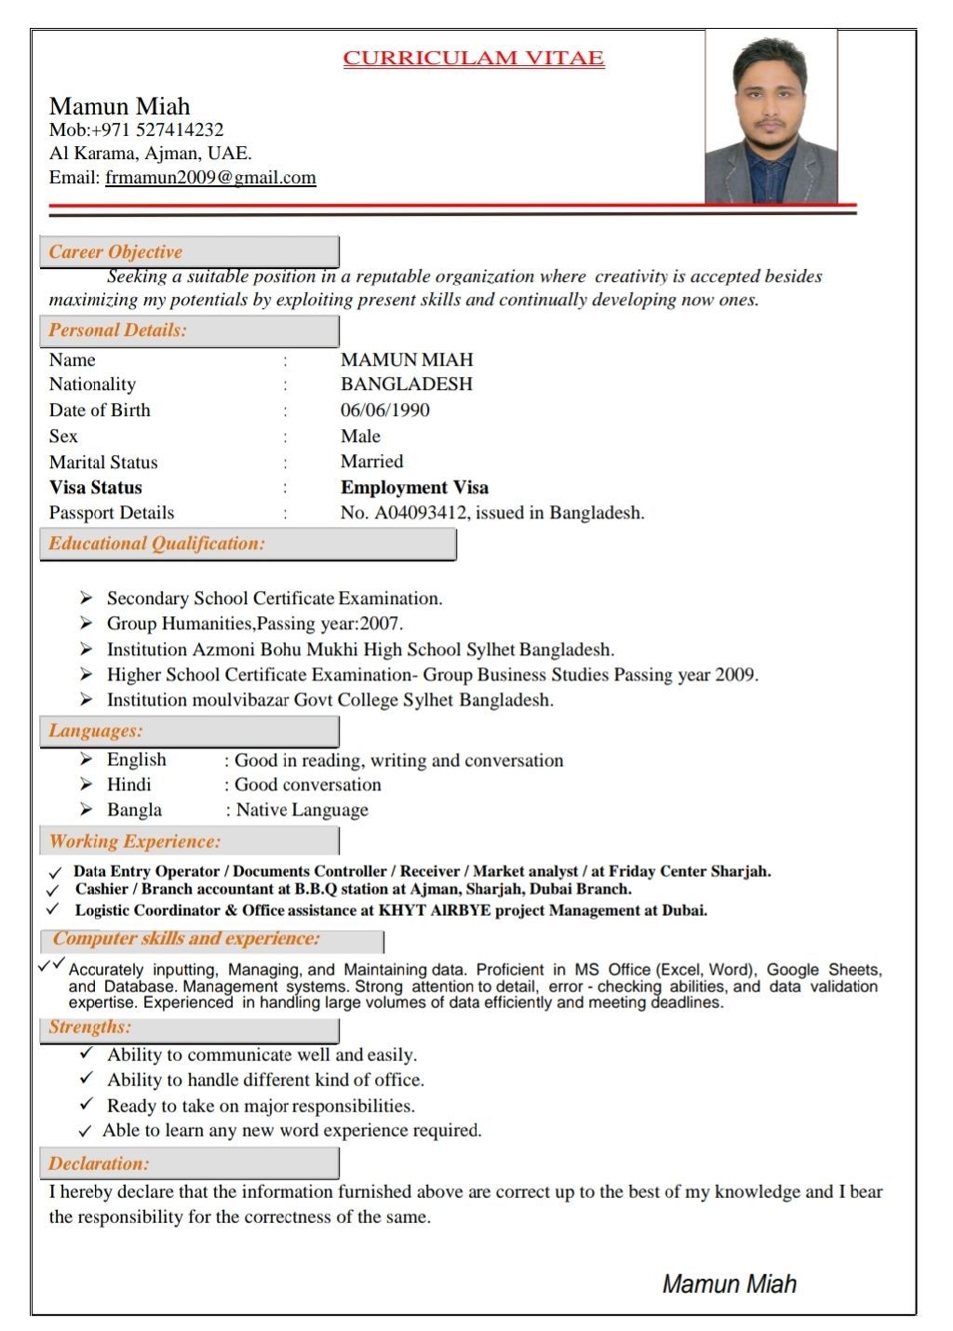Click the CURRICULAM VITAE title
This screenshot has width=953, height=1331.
474,59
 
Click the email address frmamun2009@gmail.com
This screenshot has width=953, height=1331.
210,178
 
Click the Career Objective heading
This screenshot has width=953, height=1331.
115,252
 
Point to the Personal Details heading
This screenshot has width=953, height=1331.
118,330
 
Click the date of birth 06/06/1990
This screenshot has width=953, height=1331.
385,410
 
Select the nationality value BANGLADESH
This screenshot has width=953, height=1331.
407,384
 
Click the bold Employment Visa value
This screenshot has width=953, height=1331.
414,488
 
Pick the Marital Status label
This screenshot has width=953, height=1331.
103,463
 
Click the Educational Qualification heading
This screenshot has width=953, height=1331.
157,544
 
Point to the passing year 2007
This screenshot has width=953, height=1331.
380,624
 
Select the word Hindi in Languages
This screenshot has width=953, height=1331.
129,785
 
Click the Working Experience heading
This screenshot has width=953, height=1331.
135,841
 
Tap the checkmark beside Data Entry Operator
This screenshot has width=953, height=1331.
55,873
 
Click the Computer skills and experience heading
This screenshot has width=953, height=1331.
186,938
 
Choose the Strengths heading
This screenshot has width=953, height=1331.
90,1027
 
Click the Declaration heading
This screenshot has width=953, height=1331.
99,1163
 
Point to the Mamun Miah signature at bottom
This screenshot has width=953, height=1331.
729,1284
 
